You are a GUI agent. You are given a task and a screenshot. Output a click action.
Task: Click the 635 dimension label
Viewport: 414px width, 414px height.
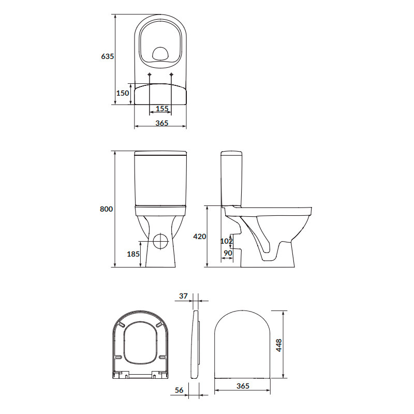pyautogui.click(x=108, y=56)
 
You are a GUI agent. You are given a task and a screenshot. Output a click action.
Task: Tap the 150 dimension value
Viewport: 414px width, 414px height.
pyautogui.click(x=123, y=93)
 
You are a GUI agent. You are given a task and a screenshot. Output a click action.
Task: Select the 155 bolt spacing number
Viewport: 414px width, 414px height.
pyautogui.click(x=162, y=109)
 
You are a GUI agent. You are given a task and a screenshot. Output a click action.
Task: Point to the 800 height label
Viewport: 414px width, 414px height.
pyautogui.click(x=106, y=209)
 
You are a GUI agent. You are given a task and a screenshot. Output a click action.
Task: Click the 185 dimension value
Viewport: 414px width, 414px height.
pyautogui.click(x=133, y=254)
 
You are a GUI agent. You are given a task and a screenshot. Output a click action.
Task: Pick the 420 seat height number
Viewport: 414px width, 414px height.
pyautogui.click(x=200, y=236)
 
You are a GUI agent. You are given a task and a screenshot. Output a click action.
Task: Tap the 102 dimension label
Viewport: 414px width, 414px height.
pyautogui.click(x=227, y=241)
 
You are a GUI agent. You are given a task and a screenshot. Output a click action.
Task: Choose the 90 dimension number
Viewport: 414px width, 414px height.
pyautogui.click(x=228, y=253)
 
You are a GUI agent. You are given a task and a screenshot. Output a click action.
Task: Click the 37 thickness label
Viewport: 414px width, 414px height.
pyautogui.click(x=183, y=296)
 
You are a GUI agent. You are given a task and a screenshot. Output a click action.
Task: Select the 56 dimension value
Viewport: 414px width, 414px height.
pyautogui.click(x=179, y=390)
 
